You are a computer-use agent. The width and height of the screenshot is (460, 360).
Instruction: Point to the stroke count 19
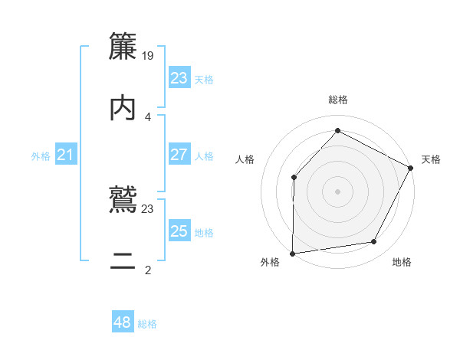tap(149, 55)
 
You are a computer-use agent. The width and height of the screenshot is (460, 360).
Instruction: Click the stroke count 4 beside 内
tap(148, 117)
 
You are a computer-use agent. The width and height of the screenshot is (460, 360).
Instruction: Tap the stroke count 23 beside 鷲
tap(148, 208)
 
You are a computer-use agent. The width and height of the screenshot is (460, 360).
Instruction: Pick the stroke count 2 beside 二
tap(148, 270)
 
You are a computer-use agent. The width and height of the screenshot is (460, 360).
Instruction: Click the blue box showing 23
tap(179, 78)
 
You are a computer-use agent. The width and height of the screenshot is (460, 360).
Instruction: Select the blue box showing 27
tap(179, 155)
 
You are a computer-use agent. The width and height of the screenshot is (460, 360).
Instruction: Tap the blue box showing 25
tap(179, 231)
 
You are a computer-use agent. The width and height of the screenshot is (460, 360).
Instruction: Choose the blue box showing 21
tap(65, 155)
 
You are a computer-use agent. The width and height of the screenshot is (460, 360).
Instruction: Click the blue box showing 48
tap(122, 322)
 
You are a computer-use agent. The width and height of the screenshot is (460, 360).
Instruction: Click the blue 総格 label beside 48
tap(147, 324)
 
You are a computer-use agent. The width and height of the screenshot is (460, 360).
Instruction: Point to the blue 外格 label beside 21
tap(41, 156)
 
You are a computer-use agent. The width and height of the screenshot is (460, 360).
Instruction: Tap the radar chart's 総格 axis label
tap(337, 100)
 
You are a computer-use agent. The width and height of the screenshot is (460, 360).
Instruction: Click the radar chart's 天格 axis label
tap(431, 159)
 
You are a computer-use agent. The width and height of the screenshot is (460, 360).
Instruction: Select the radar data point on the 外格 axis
tap(293, 253)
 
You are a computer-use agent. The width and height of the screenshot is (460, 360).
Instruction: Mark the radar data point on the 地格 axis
tap(374, 242)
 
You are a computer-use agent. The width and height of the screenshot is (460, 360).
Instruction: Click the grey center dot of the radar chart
tap(337, 191)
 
